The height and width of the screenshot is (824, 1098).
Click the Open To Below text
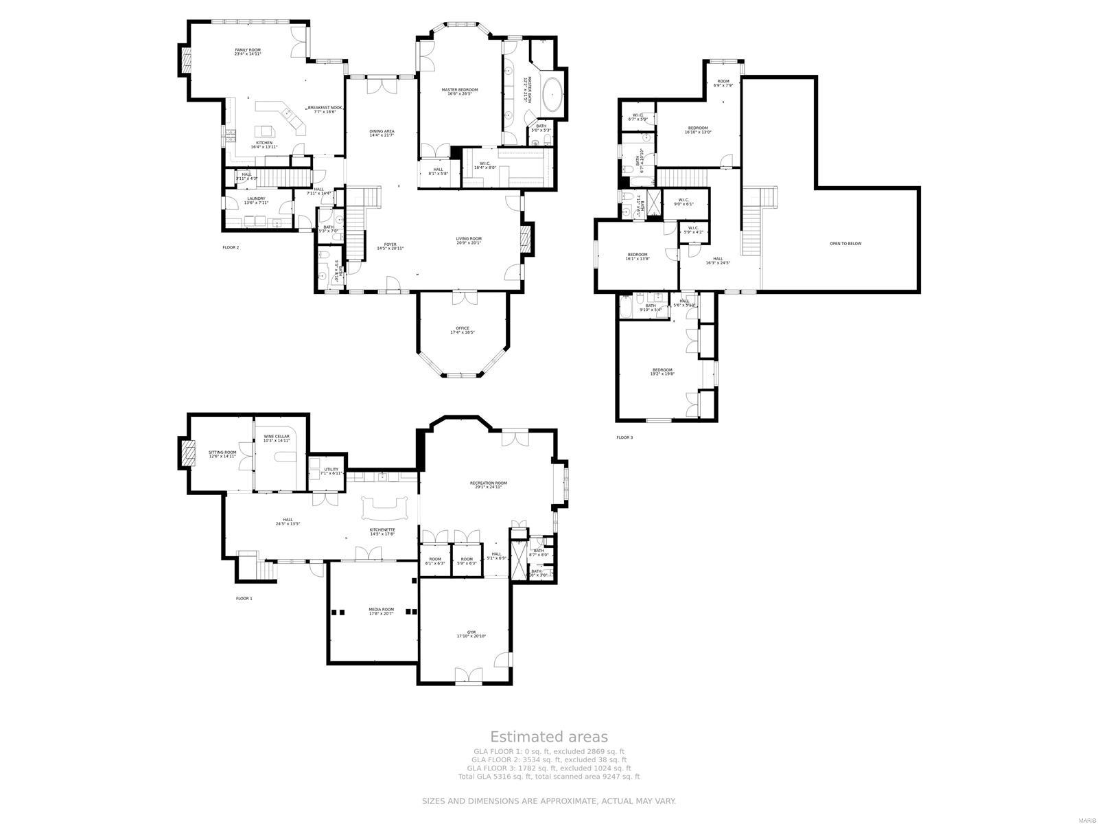tap(845, 244)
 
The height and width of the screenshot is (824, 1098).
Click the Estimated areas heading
tap(548, 737)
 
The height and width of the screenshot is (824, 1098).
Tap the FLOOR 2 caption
tap(231, 247)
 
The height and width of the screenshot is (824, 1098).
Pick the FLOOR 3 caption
tap(624, 437)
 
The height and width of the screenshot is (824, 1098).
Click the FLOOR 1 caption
tap(244, 599)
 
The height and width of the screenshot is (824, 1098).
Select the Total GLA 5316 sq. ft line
tap(548, 777)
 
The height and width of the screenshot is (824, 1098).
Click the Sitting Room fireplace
tap(185, 453)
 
